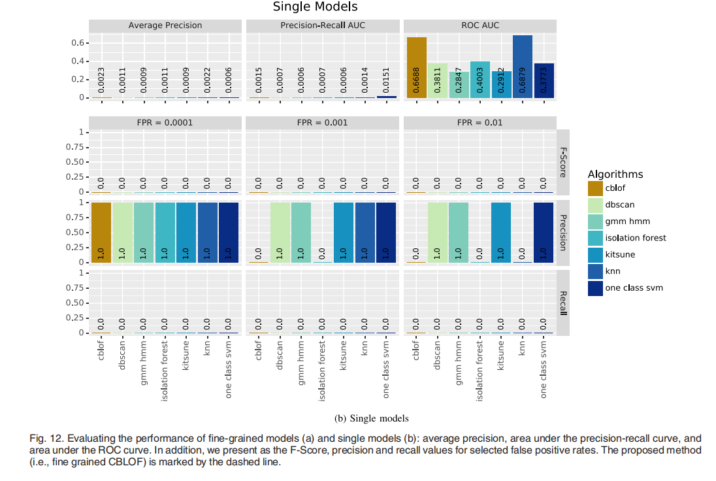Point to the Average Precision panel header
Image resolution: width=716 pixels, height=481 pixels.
click(165, 25)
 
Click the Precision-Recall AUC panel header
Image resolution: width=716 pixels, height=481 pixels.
click(323, 25)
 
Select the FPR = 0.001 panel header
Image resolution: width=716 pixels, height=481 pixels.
click(323, 122)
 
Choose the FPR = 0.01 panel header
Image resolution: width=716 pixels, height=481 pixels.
click(480, 122)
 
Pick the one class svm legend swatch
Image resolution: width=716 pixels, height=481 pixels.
click(596, 288)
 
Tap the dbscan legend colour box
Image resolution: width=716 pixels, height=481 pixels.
click(596, 205)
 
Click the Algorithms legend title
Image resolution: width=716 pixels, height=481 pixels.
click(615, 174)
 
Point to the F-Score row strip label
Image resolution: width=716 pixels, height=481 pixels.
click(563, 162)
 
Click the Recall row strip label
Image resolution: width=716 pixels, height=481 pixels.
click(563, 303)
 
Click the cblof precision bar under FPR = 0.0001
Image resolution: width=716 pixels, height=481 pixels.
click(101, 233)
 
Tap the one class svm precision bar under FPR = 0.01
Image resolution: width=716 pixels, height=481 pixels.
click(544, 233)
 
